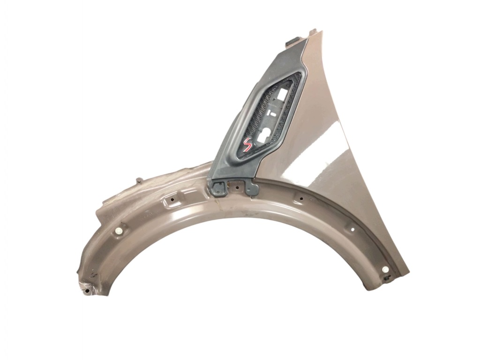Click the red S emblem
click(x=247, y=144)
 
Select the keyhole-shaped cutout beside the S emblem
click(x=264, y=134)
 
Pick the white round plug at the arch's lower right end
click(x=385, y=270)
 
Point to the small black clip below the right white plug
click(x=388, y=278)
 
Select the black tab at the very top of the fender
click(x=293, y=41)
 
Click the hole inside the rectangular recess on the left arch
click(x=172, y=200)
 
